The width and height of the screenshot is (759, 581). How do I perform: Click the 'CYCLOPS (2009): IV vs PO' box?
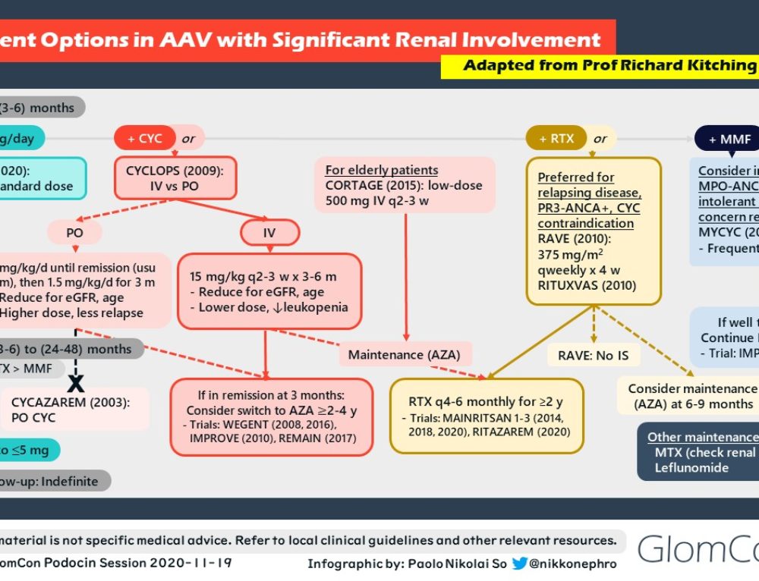click(x=176, y=177)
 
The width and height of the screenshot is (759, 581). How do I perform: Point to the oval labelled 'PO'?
click(x=74, y=233)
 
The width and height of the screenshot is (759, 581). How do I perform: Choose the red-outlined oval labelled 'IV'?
click(x=269, y=233)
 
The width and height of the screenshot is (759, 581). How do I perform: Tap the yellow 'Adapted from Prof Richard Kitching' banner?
click(x=600, y=65)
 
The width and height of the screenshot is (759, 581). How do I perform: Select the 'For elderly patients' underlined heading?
click(x=381, y=170)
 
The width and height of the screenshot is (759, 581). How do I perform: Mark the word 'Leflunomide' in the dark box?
click(x=691, y=468)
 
